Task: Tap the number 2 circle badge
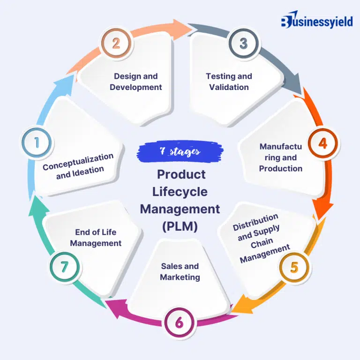(x=116, y=44)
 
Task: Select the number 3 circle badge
(x=243, y=44)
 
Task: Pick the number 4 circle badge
(x=322, y=143)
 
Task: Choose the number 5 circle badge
(x=294, y=267)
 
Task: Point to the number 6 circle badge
(x=180, y=322)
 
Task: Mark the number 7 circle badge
(x=64, y=267)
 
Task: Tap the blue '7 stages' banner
(x=180, y=151)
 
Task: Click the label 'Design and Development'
(x=136, y=82)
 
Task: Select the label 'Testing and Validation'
(x=229, y=82)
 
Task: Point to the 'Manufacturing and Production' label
(x=281, y=157)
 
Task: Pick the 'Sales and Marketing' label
(x=180, y=272)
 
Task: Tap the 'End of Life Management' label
(x=96, y=238)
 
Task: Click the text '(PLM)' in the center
(x=180, y=226)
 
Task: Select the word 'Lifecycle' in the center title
(x=180, y=192)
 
